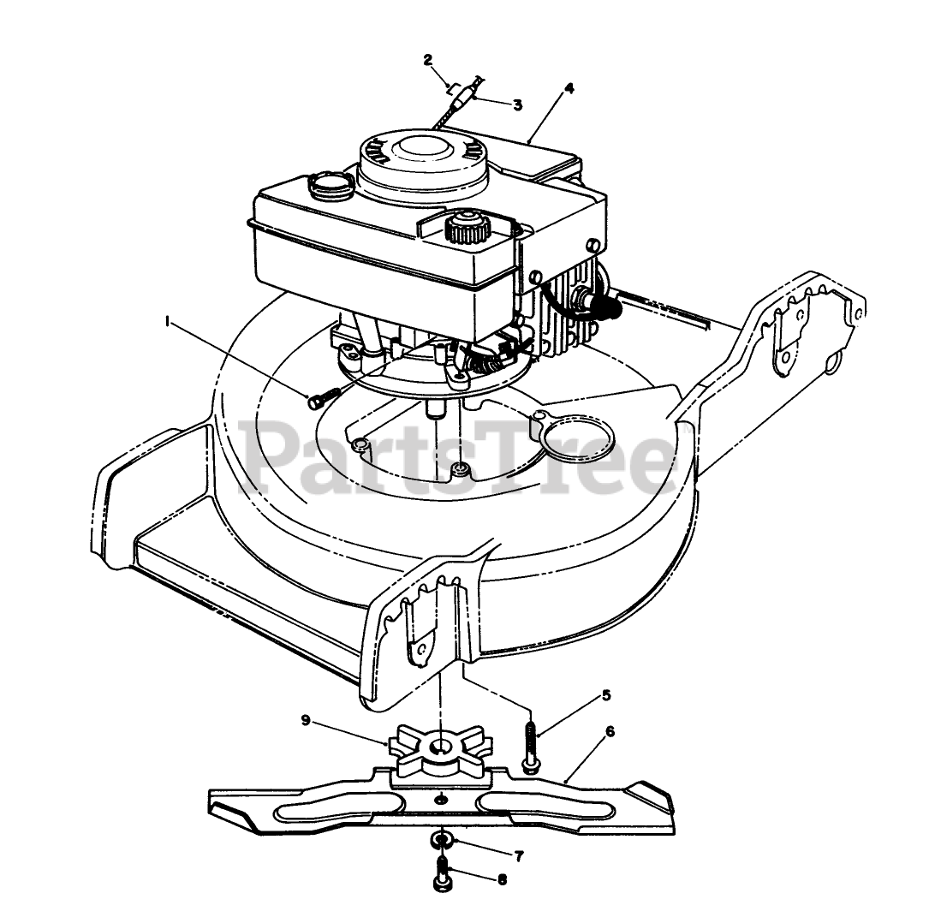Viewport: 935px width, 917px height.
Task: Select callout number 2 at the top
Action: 428,59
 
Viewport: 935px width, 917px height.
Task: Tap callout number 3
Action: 518,104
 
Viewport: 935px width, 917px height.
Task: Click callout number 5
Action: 606,695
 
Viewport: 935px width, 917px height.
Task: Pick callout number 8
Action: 501,879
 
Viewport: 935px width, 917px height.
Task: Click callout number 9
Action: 307,720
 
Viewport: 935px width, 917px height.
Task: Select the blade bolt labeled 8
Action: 443,875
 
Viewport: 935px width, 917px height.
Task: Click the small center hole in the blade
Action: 440,800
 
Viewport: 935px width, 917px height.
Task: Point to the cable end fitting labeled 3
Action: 464,97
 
